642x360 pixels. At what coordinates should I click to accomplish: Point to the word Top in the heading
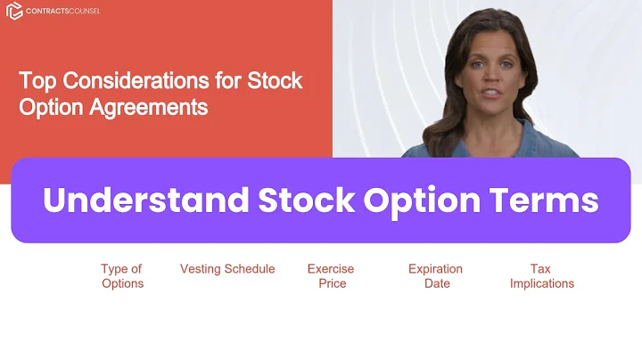36,81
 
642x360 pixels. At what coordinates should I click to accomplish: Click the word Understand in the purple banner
146,200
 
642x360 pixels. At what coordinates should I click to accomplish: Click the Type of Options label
121,276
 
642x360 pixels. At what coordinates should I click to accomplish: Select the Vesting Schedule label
227,269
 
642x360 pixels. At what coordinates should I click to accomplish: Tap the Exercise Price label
331,276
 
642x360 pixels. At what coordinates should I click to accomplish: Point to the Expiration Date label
435,276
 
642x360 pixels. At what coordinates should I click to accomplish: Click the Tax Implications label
541,276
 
